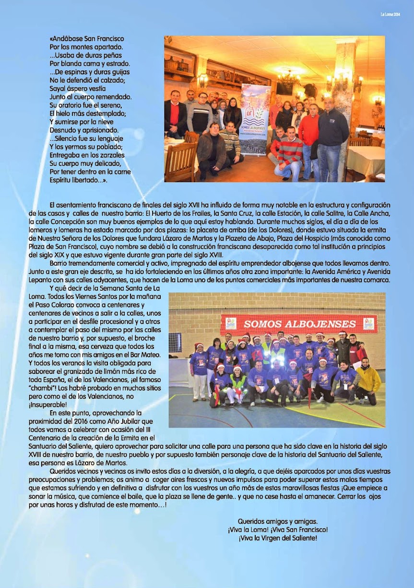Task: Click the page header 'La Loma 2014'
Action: tap(390, 14)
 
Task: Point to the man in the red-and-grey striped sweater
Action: tap(289, 151)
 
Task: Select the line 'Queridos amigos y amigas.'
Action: tap(278, 521)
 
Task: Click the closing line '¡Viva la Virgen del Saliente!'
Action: tap(278, 538)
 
